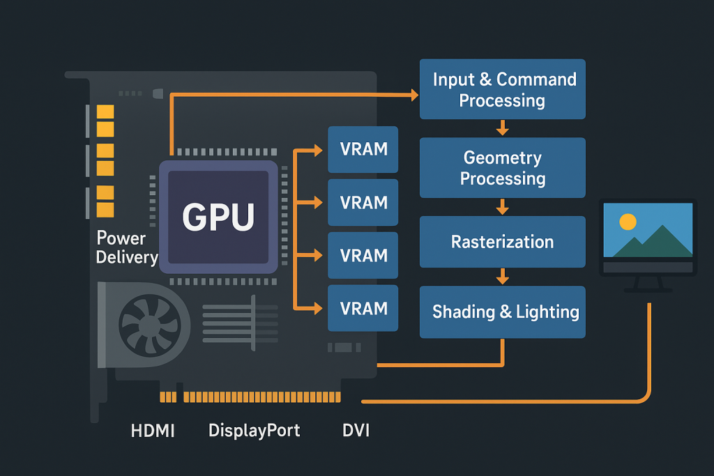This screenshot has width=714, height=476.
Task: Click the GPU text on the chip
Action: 218,216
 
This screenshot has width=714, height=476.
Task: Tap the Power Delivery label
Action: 126,247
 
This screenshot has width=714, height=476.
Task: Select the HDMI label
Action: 153,431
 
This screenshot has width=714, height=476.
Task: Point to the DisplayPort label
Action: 255,431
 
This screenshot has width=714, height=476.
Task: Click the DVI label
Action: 356,431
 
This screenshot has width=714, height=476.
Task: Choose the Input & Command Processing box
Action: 503,89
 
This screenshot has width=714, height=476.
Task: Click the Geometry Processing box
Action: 503,168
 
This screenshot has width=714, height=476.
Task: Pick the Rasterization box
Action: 503,242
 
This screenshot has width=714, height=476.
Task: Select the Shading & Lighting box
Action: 503,312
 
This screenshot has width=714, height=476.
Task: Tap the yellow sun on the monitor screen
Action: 628,222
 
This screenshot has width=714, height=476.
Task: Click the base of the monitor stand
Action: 648,289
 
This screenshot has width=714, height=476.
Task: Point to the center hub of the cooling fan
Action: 146,323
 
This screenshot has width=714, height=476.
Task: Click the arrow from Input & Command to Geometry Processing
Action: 503,128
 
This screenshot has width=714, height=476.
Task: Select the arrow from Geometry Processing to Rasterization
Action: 503,207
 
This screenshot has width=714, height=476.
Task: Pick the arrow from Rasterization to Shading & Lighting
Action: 503,277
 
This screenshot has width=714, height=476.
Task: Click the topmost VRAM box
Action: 363,149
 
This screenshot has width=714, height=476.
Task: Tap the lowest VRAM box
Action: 363,308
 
